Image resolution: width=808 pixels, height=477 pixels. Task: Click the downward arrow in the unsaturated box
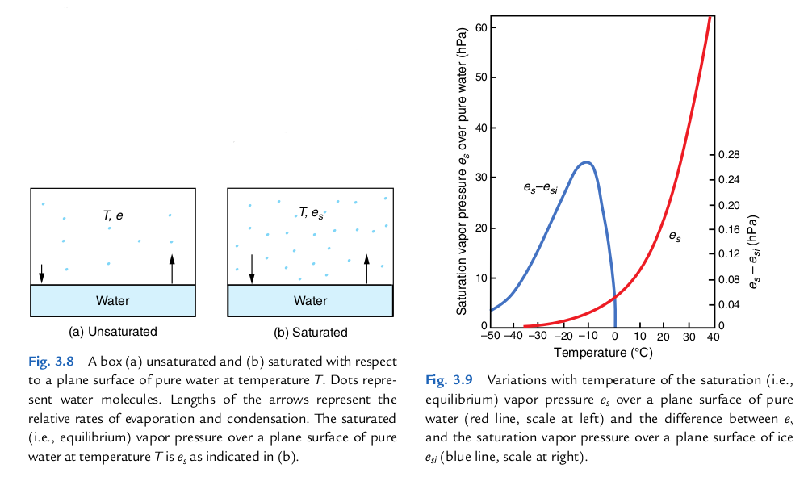click(42, 274)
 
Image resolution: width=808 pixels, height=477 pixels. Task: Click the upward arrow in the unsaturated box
click(172, 269)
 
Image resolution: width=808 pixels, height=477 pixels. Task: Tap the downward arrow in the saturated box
click(252, 269)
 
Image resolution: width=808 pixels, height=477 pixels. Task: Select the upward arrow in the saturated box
click(366, 269)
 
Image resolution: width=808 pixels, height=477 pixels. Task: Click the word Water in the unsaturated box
click(112, 301)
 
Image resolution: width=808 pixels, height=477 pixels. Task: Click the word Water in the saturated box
click(311, 301)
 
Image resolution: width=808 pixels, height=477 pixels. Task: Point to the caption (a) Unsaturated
click(113, 332)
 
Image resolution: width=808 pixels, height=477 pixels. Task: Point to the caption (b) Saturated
click(311, 332)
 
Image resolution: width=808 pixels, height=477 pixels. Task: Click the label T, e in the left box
click(113, 215)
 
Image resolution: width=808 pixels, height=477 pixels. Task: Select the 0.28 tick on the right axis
click(728, 154)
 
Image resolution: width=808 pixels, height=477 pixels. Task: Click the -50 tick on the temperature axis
click(490, 337)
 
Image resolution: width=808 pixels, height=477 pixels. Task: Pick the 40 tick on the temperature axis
click(713, 337)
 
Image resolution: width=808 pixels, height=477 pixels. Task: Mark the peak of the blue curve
click(587, 162)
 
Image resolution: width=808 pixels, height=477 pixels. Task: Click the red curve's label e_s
click(673, 237)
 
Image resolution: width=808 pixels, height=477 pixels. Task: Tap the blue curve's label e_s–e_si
click(540, 188)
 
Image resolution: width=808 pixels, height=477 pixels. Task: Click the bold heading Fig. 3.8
click(54, 360)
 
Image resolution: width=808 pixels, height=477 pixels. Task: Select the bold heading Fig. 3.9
click(449, 379)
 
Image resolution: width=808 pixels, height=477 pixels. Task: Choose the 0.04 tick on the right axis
click(728, 305)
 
